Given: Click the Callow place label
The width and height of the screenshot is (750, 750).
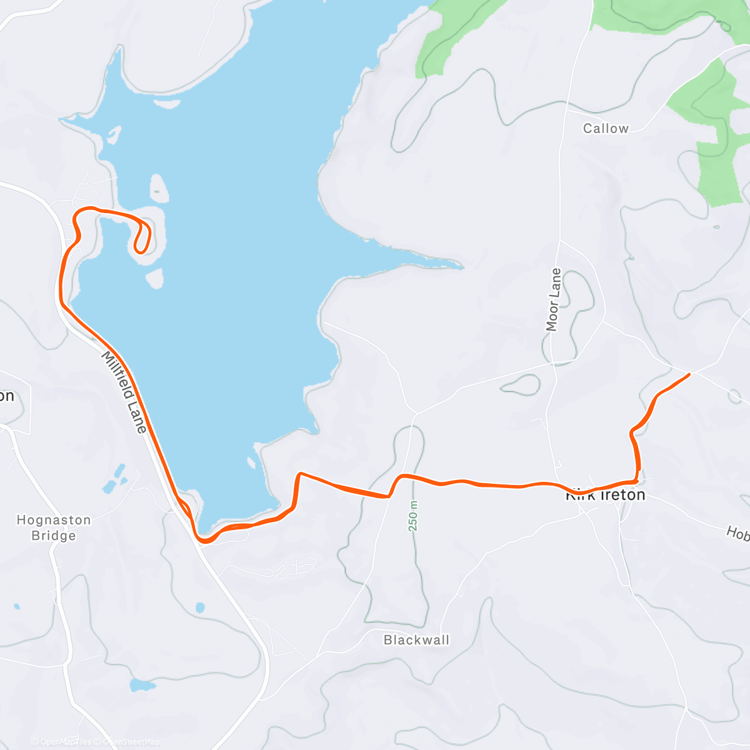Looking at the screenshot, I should pos(605,129).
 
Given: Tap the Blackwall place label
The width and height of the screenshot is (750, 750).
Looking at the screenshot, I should pos(416,640).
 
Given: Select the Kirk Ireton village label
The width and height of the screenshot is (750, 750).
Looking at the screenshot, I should pos(605,495).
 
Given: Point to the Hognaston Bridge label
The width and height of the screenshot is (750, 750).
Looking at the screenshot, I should pos(54,527).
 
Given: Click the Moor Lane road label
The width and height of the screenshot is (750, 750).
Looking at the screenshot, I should pos(553,299).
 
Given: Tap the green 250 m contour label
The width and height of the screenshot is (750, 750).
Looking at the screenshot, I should pos(413,516).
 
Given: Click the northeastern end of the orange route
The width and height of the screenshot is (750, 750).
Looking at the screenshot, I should pos(689,374).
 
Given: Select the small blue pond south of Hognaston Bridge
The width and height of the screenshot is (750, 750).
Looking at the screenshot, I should pos(142,685).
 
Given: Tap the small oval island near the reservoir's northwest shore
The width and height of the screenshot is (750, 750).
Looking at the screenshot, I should pos(159,187).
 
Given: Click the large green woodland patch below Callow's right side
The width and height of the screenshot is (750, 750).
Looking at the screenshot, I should pos(719,150).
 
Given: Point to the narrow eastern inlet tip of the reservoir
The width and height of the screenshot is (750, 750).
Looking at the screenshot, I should pos(460,266).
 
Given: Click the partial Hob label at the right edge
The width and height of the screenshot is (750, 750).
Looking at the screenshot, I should pos(737,533).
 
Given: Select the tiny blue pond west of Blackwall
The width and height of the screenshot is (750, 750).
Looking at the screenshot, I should pos(199,607).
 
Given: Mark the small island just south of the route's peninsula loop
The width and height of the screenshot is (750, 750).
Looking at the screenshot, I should pos(156,278).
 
